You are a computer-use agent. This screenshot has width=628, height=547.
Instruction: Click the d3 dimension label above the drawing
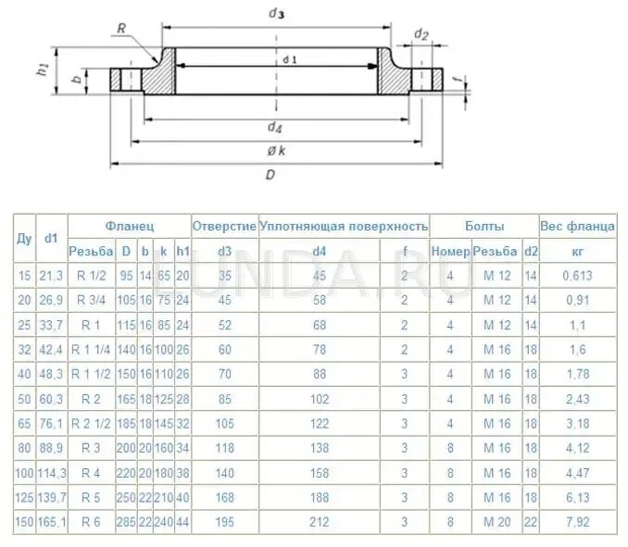pos(275,12)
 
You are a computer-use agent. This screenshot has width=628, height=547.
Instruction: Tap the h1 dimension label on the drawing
pos(43,70)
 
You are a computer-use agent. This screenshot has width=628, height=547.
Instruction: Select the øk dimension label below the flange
pos(275,151)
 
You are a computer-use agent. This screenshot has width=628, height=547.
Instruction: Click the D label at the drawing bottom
pos(270,176)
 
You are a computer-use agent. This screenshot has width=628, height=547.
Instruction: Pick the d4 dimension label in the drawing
pos(275,127)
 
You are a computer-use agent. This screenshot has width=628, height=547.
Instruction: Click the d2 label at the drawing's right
pos(421,34)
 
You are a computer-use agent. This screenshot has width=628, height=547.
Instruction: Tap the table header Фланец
pos(129,226)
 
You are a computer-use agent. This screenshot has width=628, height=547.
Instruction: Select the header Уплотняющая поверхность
pos(344,226)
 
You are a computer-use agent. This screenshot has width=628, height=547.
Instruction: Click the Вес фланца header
pos(577,226)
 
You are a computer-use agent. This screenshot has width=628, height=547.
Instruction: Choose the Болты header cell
pos(484,226)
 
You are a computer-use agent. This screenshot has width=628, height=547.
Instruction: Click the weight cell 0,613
pos(577,275)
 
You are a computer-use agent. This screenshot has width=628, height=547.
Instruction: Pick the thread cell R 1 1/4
pos(91,349)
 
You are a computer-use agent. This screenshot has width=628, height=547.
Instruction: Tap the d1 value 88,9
pos(50,448)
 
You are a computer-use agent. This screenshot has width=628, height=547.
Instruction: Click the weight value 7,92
pos(577,522)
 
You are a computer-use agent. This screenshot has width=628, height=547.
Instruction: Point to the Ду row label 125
pos(24,498)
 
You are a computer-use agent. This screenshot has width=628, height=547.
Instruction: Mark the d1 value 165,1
pos(50,522)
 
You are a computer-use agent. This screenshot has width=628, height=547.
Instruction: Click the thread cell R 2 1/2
pos(91,424)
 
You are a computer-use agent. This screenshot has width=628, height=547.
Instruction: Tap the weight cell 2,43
pos(577,399)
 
